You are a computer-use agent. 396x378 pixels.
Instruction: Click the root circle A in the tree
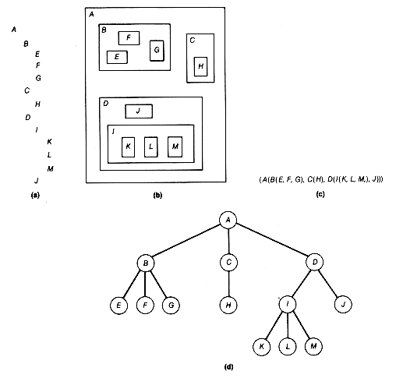click(228, 220)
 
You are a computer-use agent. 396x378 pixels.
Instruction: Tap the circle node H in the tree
click(228, 305)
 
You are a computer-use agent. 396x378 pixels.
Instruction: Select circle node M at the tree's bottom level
click(313, 346)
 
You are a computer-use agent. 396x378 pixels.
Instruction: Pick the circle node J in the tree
click(343, 304)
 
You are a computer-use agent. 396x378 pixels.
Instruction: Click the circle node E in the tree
click(118, 306)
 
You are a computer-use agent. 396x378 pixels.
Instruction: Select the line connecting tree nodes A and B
click(186, 241)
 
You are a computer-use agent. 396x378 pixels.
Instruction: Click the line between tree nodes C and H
click(228, 284)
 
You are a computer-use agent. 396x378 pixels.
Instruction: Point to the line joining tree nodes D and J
click(328, 284)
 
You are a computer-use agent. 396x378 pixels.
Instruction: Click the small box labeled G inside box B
click(157, 51)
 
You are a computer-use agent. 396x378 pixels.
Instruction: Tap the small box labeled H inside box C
click(200, 66)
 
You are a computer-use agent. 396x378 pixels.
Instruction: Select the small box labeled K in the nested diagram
click(128, 147)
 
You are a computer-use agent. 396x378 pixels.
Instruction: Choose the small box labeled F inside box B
click(129, 38)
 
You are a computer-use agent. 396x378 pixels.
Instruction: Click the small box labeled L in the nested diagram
click(150, 147)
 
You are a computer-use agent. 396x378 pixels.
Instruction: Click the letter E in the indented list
click(37, 54)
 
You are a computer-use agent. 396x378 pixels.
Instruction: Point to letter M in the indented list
click(51, 169)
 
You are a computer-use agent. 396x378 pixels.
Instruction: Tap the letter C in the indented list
click(27, 90)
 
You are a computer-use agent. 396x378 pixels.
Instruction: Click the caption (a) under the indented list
click(35, 195)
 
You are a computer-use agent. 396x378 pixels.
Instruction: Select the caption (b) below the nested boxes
click(157, 195)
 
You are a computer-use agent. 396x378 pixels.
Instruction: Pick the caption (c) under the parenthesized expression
click(320, 194)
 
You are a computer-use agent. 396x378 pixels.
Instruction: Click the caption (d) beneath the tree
click(228, 367)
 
